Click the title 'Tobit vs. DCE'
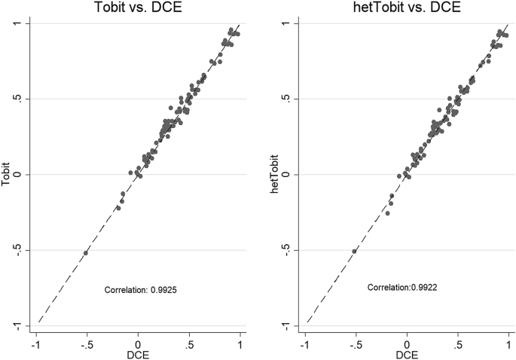[x=138, y=8]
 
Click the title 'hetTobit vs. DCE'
[x=407, y=8]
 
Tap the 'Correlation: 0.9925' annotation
[x=141, y=288]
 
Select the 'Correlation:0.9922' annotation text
[x=407, y=288]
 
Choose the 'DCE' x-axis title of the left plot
[x=138, y=355]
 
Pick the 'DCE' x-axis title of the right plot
[x=407, y=355]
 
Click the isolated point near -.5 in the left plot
[x=86, y=253]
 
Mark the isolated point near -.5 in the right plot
[x=354, y=251]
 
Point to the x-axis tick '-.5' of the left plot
[x=86, y=343]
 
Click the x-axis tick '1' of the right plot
[x=509, y=343]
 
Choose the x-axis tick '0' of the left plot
[x=138, y=343]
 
